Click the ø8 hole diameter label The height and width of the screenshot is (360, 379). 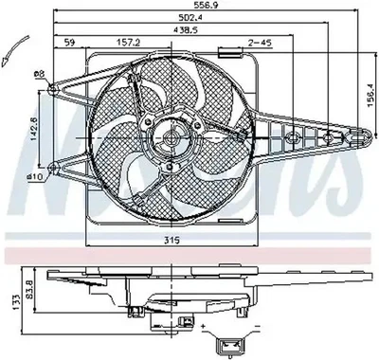coord(37,76)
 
